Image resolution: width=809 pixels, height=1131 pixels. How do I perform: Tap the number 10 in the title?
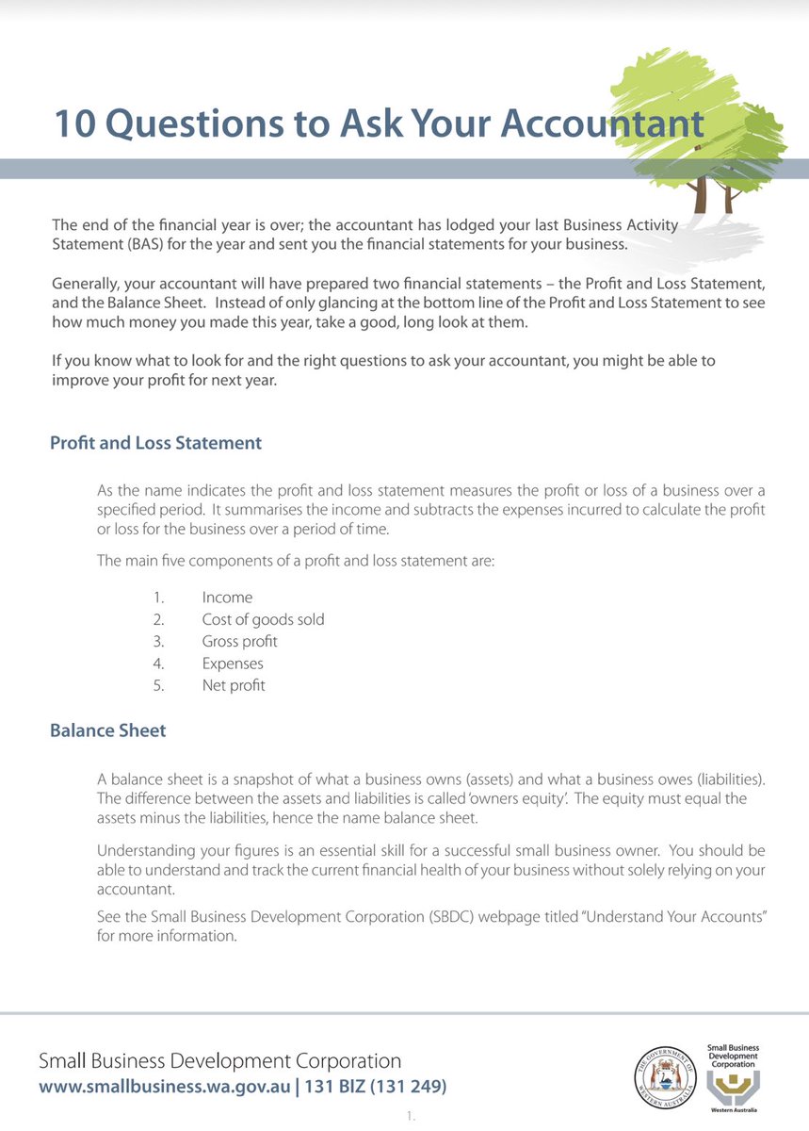72,123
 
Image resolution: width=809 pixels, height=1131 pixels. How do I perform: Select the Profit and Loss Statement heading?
155,442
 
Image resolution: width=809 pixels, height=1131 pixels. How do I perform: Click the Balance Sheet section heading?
107,730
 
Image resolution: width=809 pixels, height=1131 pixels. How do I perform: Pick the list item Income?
227,598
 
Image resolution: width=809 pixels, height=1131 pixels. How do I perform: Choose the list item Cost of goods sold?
263,619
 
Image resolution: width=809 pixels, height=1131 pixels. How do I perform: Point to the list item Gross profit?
239,641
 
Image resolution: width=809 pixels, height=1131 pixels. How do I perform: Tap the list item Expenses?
233,664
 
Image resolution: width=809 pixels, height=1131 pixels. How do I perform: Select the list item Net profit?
234,685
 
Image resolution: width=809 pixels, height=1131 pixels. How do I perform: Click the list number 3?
159,641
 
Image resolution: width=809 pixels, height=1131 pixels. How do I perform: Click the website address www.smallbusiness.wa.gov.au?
163,1087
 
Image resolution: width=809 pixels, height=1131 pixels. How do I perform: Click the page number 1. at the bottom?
411,1118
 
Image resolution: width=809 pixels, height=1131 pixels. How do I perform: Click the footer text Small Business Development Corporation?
219,1061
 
